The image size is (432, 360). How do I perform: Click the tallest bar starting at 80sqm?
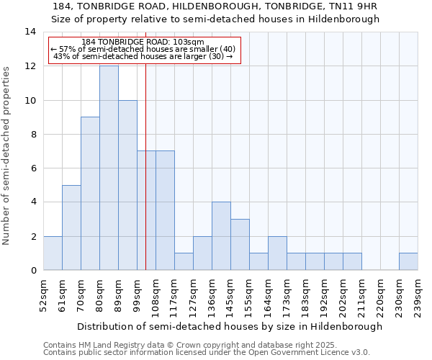click(109, 168)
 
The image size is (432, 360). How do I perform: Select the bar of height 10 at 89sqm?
click(127, 185)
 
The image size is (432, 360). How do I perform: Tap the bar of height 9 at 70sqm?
click(90, 193)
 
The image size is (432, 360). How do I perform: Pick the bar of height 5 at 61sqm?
click(71, 228)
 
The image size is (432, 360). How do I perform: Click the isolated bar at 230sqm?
click(408, 261)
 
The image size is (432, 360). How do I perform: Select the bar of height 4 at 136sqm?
click(221, 236)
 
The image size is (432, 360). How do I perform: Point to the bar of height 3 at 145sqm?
click(240, 245)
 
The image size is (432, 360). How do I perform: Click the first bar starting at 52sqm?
click(53, 253)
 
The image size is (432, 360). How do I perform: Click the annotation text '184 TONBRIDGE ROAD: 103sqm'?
click(143, 42)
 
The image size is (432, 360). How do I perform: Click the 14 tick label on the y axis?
click(30, 32)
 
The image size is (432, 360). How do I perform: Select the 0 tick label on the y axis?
click(33, 271)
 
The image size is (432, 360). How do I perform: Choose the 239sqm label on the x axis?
click(418, 294)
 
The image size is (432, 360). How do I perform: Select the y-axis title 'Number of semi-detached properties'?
click(7, 156)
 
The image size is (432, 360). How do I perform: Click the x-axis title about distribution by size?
click(230, 326)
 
